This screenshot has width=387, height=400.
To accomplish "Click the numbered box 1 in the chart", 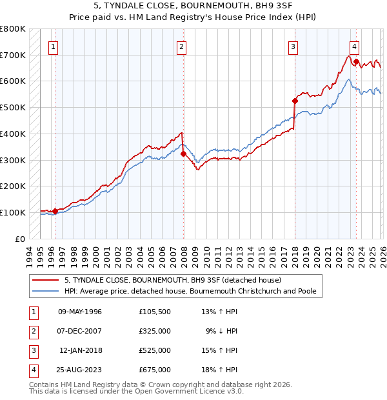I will pos(52,46).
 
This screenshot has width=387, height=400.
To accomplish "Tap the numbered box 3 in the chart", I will pos(293,46).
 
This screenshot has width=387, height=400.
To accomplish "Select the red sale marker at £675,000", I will pos(356,62).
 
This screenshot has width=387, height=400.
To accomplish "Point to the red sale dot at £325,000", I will pos(183,154).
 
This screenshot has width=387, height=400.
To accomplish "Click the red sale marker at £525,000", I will pos(295,101).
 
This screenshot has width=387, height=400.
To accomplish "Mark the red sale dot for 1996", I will pos(55,211).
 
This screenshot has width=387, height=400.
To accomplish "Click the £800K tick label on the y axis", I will pos(13,29).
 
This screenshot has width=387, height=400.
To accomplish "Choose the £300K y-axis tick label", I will pos(13,160).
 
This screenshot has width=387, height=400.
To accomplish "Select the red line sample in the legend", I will pos(46,281).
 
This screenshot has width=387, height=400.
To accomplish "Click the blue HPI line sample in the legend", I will pos(46,292).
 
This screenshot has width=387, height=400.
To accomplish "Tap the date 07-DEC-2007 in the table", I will pos(80,331).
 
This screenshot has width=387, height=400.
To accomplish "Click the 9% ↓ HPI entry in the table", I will pos(222,331).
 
